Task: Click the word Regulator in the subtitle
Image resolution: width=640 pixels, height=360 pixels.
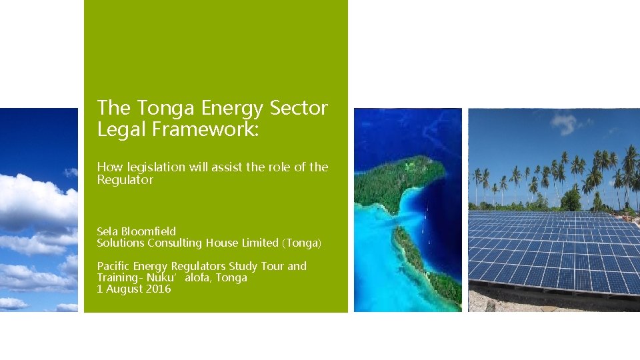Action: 125,180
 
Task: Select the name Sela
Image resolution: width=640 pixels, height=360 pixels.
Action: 108,231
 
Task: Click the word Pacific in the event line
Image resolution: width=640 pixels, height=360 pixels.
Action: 114,266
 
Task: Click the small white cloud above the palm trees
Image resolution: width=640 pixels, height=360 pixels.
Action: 563,124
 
